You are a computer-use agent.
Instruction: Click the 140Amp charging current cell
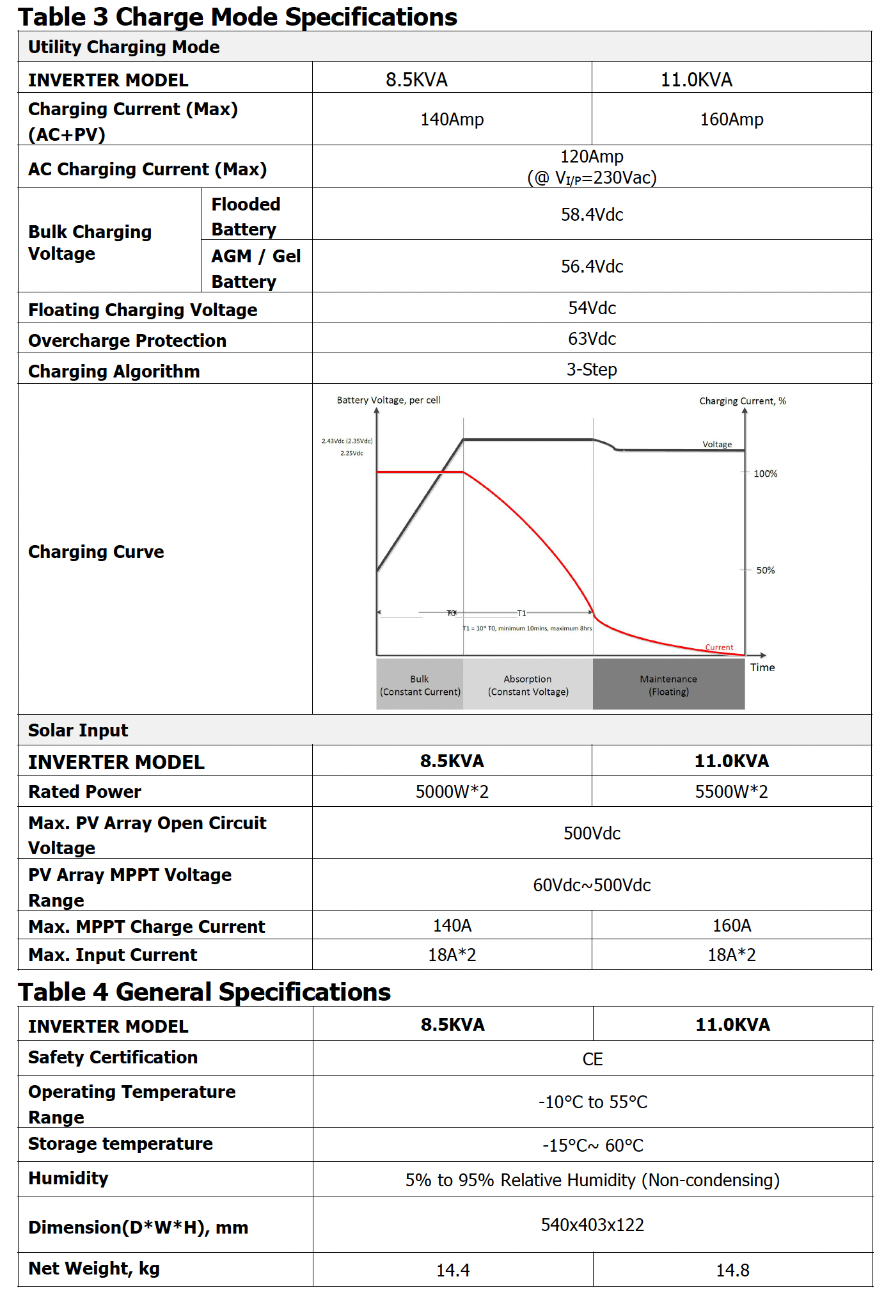pos(452,119)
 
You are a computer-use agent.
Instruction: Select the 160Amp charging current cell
pos(731,119)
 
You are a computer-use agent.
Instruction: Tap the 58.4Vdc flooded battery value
pos(592,214)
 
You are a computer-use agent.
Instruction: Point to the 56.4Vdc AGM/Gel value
pos(592,266)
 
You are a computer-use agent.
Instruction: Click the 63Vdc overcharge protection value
pos(592,338)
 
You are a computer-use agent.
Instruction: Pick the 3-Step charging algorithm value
pos(592,369)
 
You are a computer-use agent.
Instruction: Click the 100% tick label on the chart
pos(765,473)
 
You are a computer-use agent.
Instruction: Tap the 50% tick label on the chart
pos(765,570)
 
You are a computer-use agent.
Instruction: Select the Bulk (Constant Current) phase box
pos(420,685)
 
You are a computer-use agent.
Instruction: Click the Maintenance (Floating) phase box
pos(668,685)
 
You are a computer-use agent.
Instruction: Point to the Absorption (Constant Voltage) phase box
pos(528,685)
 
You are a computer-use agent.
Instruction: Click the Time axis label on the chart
pos(762,667)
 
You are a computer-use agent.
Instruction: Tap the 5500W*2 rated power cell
pos(731,791)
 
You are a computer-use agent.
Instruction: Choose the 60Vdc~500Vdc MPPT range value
pos(592,885)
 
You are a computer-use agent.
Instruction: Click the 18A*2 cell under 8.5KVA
pos(452,955)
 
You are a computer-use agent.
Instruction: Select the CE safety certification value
pos(592,1059)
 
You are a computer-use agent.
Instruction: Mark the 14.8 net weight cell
pos(732,1270)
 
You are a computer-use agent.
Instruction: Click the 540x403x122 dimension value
pos(592,1225)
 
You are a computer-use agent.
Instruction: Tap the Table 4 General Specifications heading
pos(204,992)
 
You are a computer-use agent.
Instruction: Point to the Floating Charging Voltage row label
pos(143,310)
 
